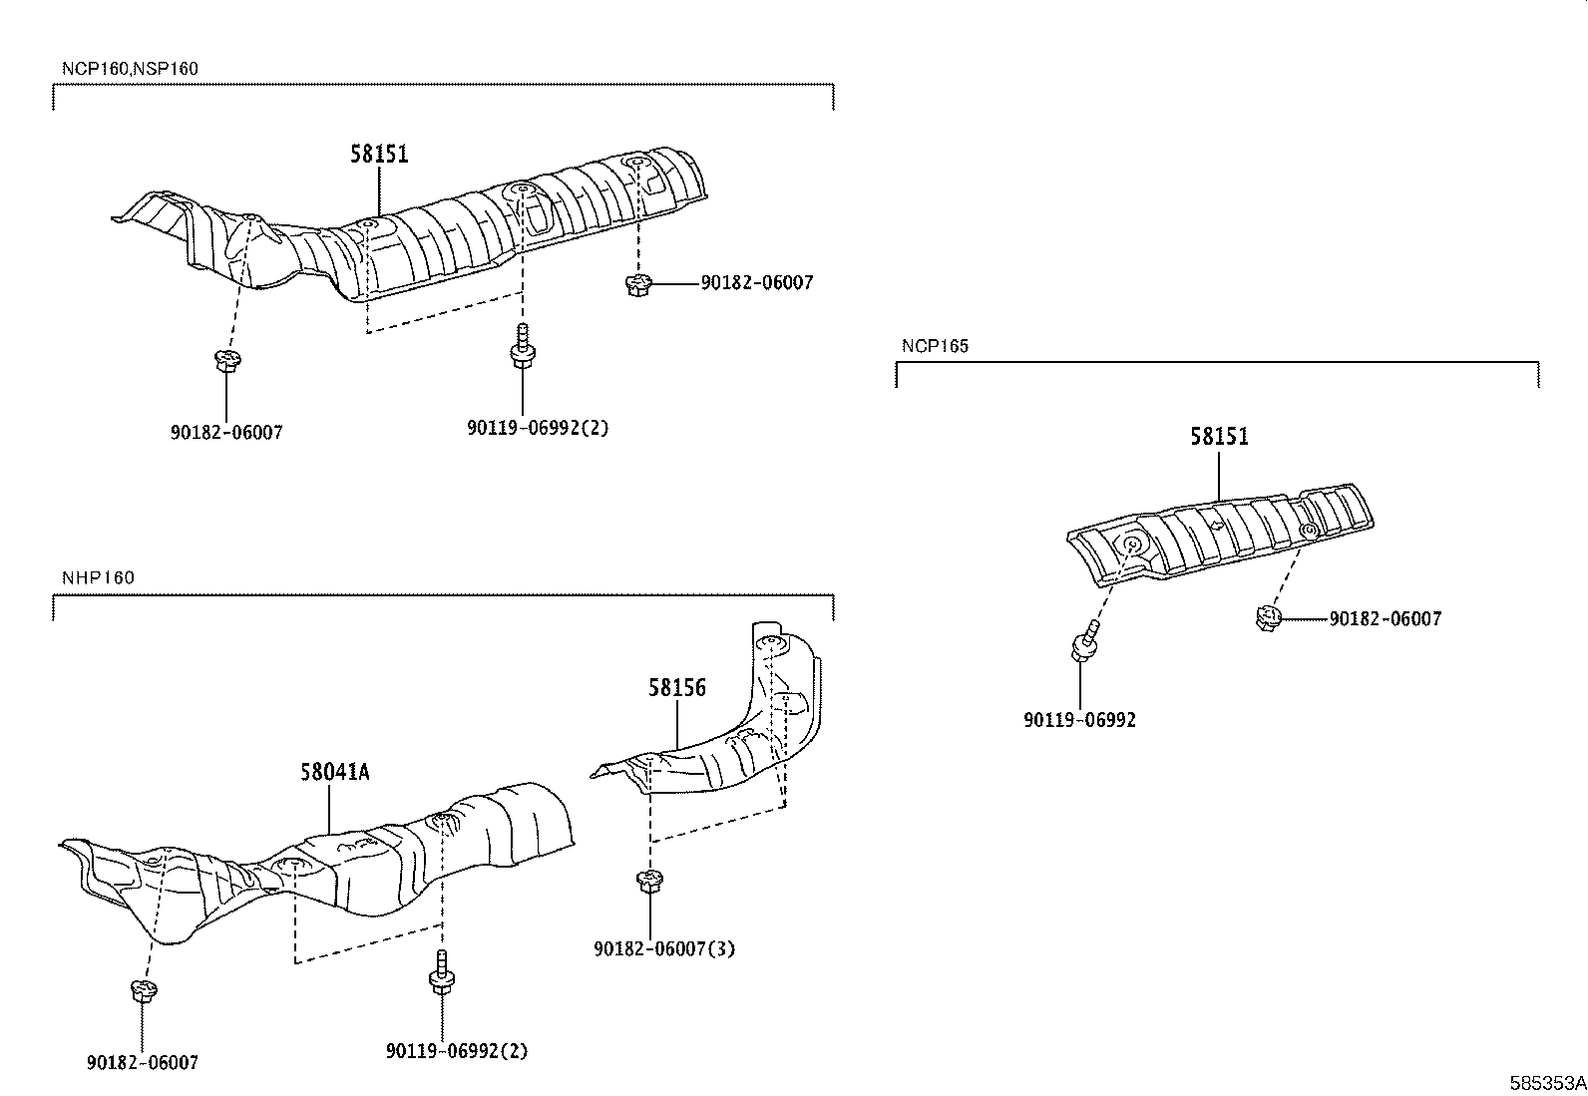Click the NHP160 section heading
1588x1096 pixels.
[98, 577]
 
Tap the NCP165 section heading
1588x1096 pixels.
[935, 346]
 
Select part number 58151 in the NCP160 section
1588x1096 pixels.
[379, 155]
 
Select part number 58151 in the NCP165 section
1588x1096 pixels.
[1219, 437]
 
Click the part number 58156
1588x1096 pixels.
[676, 688]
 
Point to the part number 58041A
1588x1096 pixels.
[335, 772]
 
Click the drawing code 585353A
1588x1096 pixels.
[1547, 1083]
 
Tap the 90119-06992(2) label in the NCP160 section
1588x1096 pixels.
[537, 428]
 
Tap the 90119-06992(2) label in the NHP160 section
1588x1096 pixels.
[457, 1050]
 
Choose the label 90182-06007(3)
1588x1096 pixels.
[663, 948]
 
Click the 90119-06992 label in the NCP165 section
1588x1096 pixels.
[1079, 720]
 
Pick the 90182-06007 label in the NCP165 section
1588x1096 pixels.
[1385, 619]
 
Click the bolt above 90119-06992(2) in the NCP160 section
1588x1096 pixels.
[520, 346]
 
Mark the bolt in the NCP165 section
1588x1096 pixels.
[1085, 641]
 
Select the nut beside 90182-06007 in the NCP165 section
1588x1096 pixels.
[1267, 618]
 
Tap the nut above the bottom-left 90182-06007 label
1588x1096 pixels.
[143, 990]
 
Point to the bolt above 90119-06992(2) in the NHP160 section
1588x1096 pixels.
[440, 972]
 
